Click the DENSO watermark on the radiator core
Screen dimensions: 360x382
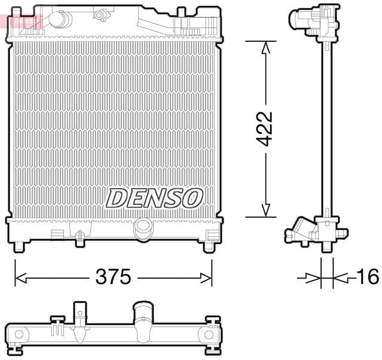[x=154, y=197]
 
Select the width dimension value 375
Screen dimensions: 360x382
[x=114, y=277]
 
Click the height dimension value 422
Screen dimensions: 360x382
[x=265, y=129]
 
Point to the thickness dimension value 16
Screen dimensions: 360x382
[x=367, y=277]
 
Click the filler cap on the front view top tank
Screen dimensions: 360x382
[x=58, y=19]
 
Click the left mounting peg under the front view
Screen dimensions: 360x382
[x=20, y=246]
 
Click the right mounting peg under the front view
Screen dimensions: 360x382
[x=209, y=246]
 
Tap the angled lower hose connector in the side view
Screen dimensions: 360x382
[x=298, y=231]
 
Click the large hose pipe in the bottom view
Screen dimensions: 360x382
[x=143, y=320]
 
